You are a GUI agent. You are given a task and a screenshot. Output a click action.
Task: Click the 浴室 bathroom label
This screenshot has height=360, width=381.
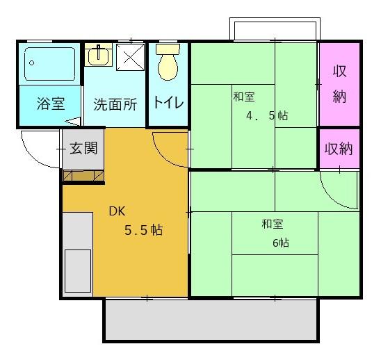[51, 104]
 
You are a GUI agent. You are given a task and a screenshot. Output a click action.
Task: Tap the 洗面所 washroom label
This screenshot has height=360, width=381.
[115, 104]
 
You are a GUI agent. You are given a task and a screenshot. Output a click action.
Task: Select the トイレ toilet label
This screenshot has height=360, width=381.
[168, 104]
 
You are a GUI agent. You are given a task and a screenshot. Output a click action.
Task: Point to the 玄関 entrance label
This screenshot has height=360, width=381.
[83, 148]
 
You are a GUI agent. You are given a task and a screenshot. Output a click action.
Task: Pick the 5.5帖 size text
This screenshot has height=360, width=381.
[143, 230]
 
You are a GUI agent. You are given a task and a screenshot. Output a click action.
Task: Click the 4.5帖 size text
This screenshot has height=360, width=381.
[266, 116]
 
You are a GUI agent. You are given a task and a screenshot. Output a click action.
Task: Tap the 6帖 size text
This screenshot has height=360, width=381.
[281, 243]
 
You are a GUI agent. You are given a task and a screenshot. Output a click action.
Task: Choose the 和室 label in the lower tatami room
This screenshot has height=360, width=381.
[273, 224]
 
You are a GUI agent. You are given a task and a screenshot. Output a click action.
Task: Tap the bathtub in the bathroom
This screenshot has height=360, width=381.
[49, 64]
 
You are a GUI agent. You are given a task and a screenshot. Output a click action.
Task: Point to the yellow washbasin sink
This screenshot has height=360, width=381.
[98, 55]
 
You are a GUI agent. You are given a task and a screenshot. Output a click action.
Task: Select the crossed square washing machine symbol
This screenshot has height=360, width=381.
[129, 59]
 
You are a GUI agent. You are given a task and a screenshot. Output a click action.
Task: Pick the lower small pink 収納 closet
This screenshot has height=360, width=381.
[339, 148]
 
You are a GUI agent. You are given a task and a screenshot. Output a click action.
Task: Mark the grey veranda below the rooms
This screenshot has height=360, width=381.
[211, 320]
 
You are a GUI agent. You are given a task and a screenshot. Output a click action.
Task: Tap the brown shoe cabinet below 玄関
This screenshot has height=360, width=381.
[83, 176]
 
